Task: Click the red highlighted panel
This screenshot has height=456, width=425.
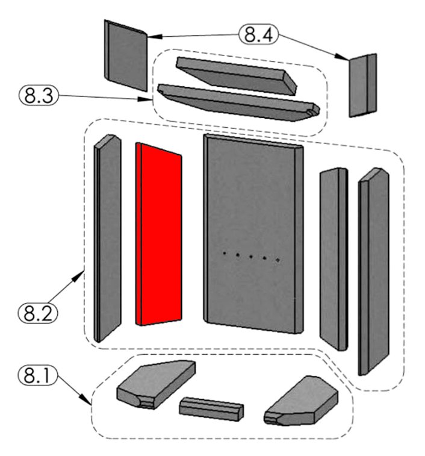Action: (x=159, y=235)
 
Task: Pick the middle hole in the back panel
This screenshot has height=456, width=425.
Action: (x=251, y=257)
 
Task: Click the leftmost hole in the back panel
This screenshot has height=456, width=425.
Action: (x=225, y=254)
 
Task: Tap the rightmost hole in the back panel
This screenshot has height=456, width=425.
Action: (x=278, y=260)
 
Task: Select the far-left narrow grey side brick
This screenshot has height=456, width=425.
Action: (x=107, y=238)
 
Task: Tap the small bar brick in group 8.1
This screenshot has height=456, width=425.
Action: (x=211, y=408)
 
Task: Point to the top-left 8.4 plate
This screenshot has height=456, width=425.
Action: (x=125, y=56)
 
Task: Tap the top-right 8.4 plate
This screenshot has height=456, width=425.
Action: (x=363, y=84)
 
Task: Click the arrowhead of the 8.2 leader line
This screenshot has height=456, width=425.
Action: (x=82, y=273)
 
